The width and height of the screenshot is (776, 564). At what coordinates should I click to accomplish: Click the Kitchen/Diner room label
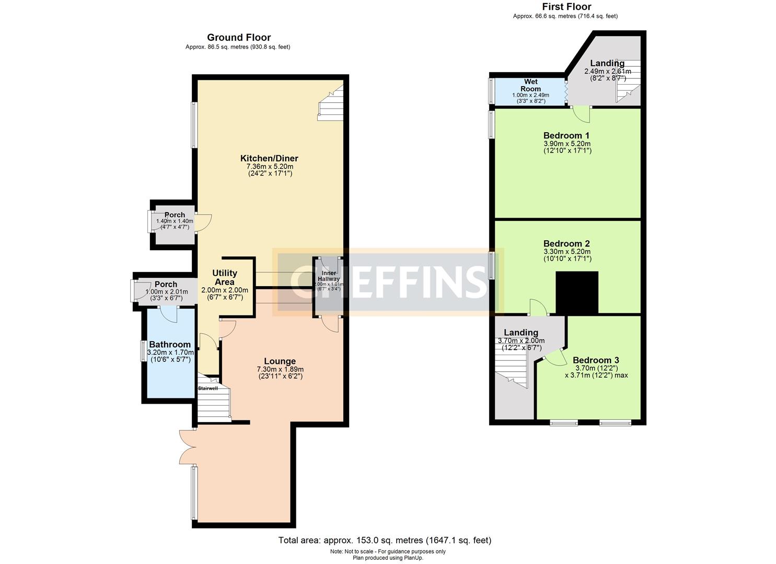click(x=269, y=158)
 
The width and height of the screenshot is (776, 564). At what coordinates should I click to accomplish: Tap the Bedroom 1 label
click(x=566, y=135)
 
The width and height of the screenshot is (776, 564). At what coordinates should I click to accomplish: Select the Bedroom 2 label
click(x=566, y=243)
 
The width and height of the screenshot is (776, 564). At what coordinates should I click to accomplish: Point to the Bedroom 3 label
click(x=596, y=360)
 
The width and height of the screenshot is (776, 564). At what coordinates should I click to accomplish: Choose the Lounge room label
click(x=280, y=361)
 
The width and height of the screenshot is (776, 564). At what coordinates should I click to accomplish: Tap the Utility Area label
click(x=225, y=277)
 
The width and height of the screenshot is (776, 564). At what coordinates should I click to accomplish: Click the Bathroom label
click(x=170, y=344)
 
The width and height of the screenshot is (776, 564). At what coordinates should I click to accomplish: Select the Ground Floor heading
click(x=239, y=37)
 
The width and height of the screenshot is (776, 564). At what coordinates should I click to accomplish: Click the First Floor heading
click(x=566, y=7)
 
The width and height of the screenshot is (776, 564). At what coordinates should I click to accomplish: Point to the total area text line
click(x=385, y=540)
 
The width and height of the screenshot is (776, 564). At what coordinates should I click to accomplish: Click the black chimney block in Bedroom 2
click(x=577, y=292)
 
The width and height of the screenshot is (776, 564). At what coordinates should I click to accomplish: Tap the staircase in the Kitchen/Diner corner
click(x=331, y=104)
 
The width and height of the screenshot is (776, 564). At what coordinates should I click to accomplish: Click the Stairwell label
click(x=207, y=388)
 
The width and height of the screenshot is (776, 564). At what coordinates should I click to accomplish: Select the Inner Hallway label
click(x=329, y=276)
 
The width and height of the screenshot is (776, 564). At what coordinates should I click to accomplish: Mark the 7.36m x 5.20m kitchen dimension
click(x=270, y=167)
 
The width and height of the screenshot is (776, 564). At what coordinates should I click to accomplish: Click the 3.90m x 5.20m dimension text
click(x=566, y=144)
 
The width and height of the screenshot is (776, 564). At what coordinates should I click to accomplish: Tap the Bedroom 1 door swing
click(x=581, y=112)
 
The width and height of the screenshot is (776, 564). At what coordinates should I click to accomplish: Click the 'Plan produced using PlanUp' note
click(x=388, y=558)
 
